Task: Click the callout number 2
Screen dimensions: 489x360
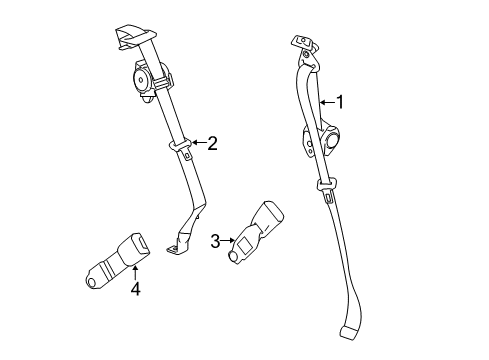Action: [x=211, y=143]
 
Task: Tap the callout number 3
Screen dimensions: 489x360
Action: [x=214, y=240]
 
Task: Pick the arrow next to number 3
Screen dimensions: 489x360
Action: [x=227, y=240]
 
